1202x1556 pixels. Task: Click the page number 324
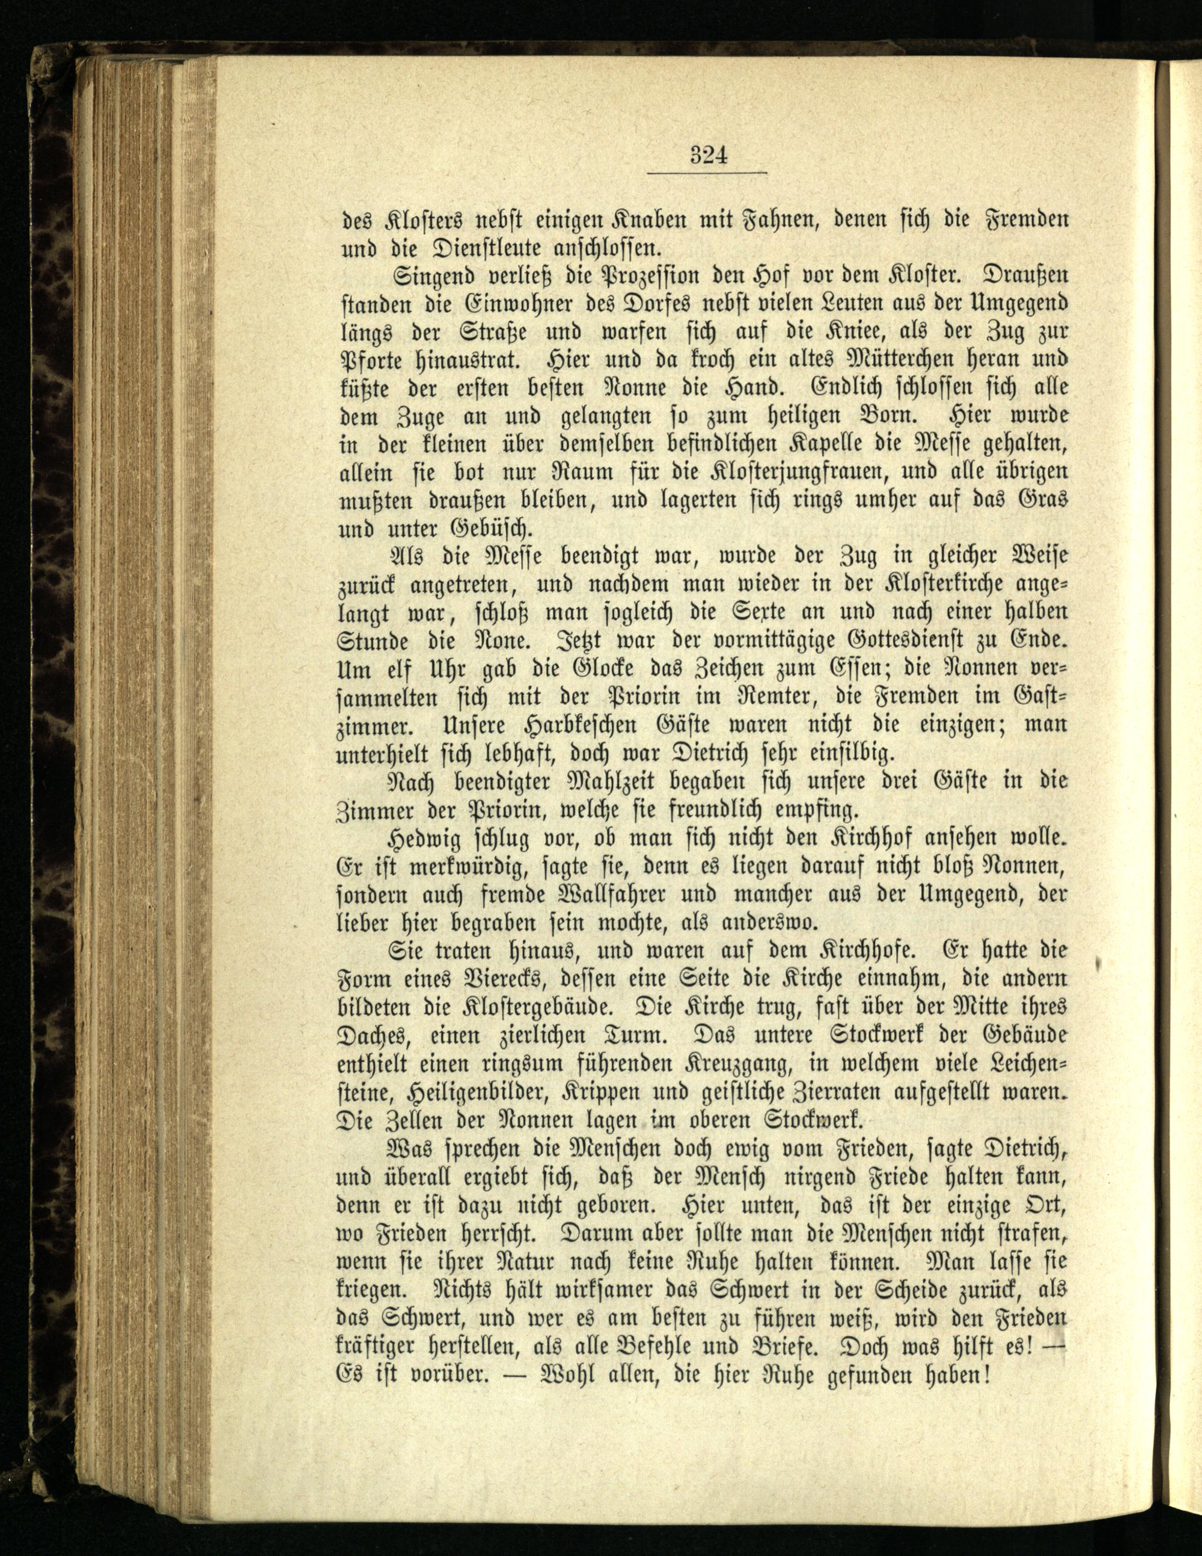[x=708, y=155]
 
